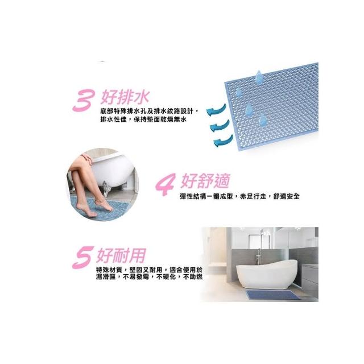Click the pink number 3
point(84,101)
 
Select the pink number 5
point(83,258)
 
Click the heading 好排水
point(125,97)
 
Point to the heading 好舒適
point(205,180)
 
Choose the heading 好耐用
point(121,255)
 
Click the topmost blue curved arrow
point(216,110)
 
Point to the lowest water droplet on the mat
point(263,120)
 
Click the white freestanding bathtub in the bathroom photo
point(267,274)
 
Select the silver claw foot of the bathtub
point(106,189)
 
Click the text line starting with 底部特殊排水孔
point(150,111)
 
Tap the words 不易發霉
point(136,277)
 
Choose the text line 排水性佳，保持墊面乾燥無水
point(143,119)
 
